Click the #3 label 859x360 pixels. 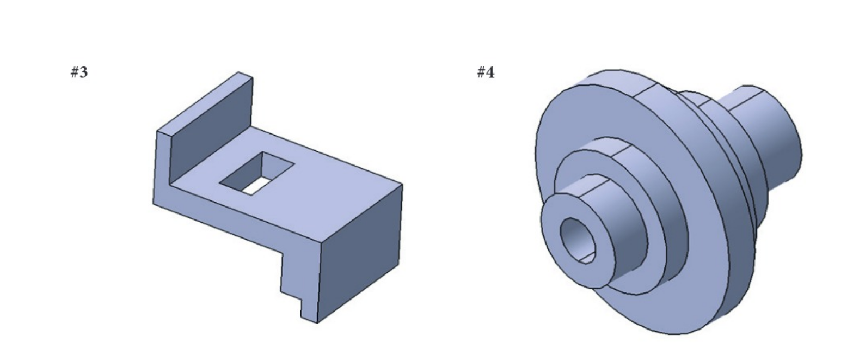click(x=79, y=72)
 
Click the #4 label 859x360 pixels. click(x=486, y=72)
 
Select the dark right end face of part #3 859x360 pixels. click(x=359, y=251)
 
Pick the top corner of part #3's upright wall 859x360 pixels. click(x=238, y=72)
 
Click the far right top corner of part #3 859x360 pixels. click(x=402, y=184)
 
